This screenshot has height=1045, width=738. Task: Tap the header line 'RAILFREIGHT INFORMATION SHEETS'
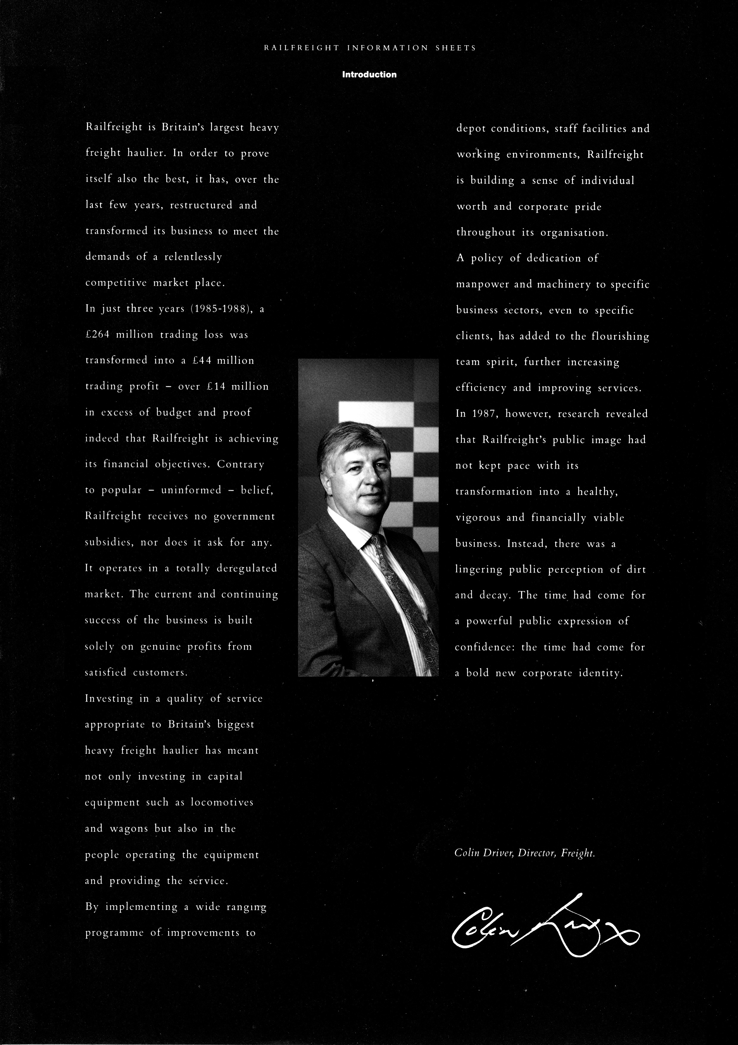(x=370, y=48)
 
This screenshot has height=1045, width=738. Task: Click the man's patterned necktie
(x=400, y=592)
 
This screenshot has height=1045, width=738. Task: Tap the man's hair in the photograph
(x=352, y=437)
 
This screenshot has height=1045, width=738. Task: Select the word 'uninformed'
(x=191, y=491)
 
